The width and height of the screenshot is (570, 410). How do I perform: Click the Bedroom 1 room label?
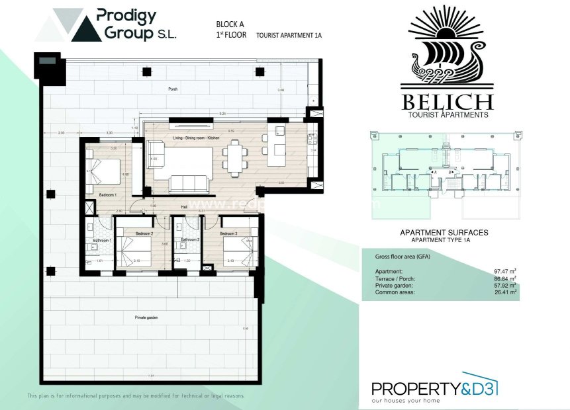(x=108, y=196)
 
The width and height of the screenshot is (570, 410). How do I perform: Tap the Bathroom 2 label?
(x=191, y=240)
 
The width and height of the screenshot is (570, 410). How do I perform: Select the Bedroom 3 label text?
(x=228, y=234)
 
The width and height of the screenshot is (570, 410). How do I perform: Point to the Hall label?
(x=185, y=207)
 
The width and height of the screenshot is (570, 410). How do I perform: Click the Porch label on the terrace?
(x=173, y=88)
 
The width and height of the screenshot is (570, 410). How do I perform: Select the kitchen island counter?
(x=275, y=151)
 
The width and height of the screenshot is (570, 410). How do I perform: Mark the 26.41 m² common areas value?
(x=504, y=291)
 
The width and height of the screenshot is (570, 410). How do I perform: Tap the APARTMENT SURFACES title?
(x=444, y=233)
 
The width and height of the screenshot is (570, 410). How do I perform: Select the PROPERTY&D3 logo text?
(x=434, y=389)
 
